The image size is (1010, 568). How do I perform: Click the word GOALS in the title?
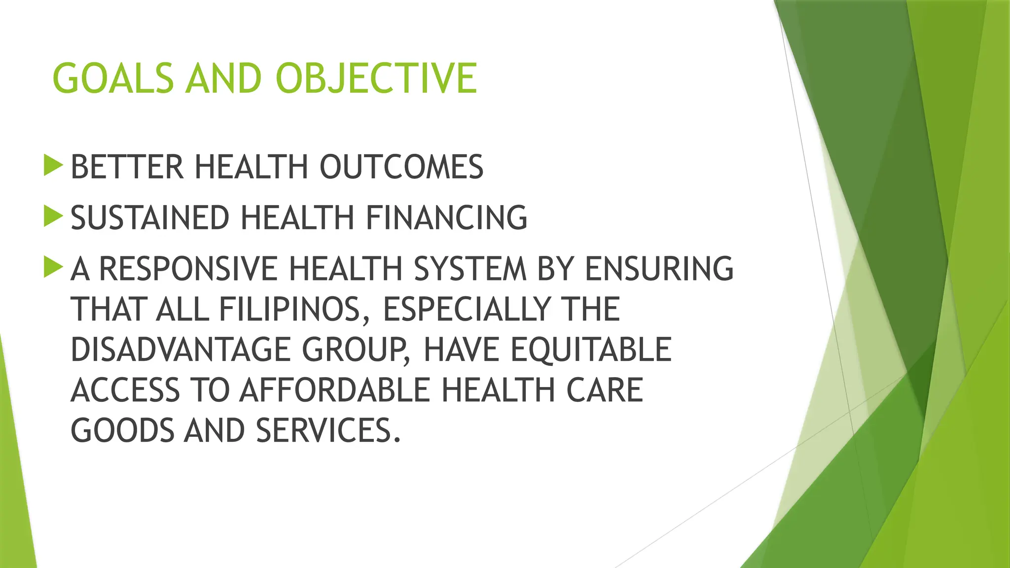point(113,78)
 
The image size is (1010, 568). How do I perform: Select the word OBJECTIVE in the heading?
point(376,78)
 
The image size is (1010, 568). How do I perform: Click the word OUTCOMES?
point(401,167)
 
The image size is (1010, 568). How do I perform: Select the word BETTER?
point(127,167)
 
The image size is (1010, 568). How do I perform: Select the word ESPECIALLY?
point(466,309)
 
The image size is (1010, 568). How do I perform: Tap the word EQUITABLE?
point(591,350)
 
